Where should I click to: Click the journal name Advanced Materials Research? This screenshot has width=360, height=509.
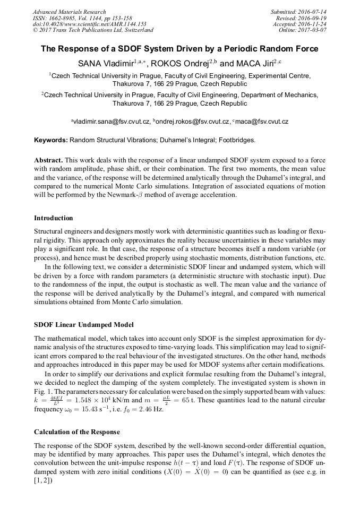(x=69, y=12)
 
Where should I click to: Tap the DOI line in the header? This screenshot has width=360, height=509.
(x=89, y=24)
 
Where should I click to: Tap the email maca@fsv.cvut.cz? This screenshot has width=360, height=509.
(x=262, y=122)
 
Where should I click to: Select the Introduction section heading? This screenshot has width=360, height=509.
(x=53, y=218)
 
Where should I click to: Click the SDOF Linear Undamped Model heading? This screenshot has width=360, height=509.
(x=84, y=324)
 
